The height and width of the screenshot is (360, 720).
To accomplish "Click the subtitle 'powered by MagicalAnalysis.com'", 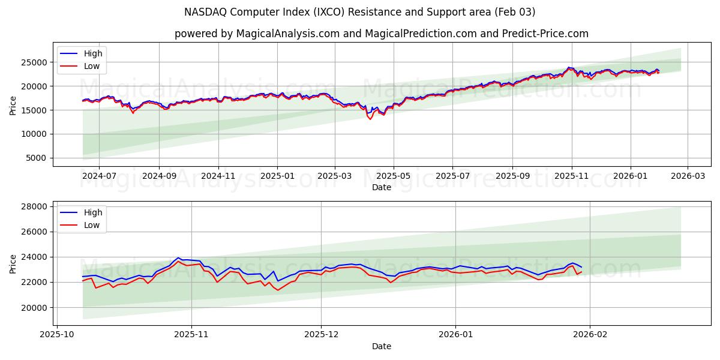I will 381,34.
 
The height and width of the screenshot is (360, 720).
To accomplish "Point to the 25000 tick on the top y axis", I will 35,62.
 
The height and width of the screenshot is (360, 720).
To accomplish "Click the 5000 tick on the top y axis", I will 37,158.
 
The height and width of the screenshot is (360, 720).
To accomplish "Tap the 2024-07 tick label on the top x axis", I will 98,176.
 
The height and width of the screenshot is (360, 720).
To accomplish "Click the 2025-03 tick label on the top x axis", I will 334,176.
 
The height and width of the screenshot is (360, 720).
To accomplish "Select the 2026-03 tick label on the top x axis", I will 687,176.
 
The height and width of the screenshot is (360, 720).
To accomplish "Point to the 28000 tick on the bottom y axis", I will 35,206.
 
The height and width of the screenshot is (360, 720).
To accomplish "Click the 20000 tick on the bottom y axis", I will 35,308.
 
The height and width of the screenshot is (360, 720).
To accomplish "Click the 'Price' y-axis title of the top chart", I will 13,104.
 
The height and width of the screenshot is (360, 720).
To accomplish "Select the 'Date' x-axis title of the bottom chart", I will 381,346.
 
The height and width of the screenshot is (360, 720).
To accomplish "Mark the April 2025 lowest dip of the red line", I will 370,119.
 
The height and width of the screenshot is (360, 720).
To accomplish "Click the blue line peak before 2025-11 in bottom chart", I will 178,258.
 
